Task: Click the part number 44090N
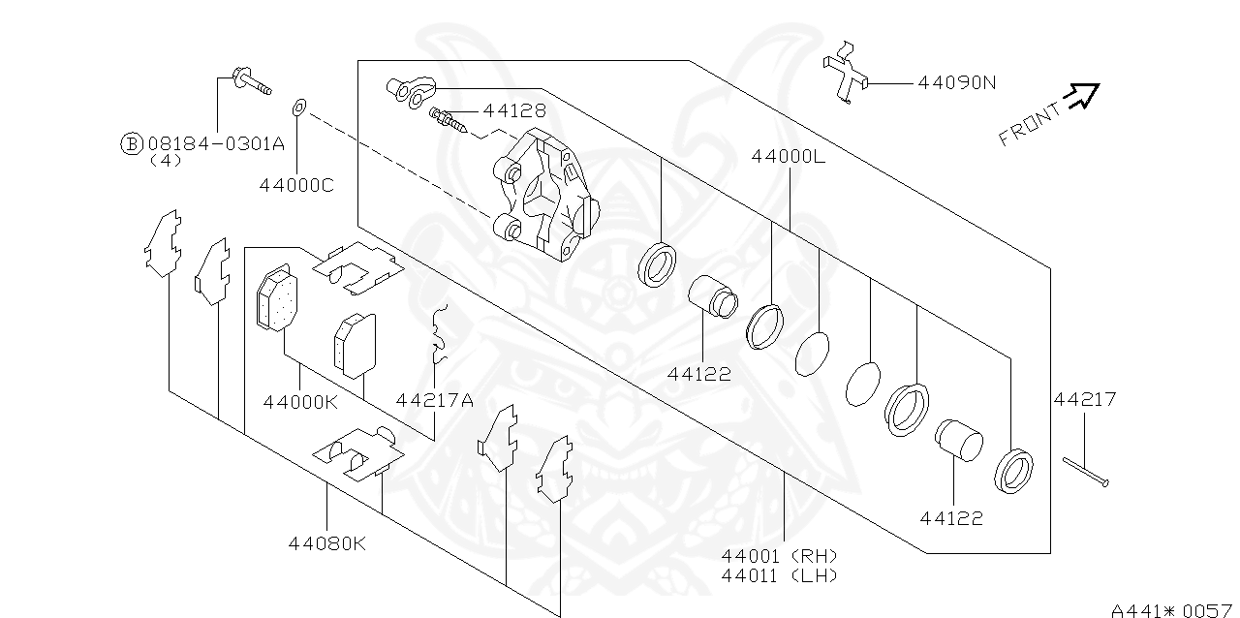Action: tap(956, 82)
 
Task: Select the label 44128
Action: tap(514, 111)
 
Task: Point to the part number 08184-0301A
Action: tap(216, 143)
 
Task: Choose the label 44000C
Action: tap(295, 183)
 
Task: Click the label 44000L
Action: tap(788, 155)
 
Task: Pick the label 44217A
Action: tap(434, 399)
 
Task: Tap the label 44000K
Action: tap(300, 399)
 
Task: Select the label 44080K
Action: tap(326, 542)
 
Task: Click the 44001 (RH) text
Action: tap(779, 556)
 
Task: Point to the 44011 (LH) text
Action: tap(779, 574)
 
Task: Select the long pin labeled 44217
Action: tap(1084, 473)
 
